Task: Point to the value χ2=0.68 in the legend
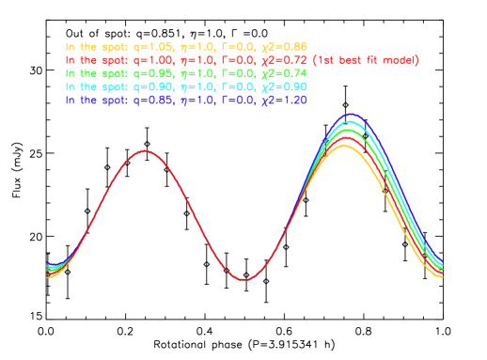click(x=283, y=47)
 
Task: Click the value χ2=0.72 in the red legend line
click(x=283, y=60)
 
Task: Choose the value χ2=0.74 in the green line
click(x=283, y=73)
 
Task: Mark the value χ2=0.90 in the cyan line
click(x=283, y=86)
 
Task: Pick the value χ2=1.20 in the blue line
click(x=283, y=100)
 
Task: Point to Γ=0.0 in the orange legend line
click(x=234, y=47)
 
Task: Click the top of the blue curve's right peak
click(x=350, y=115)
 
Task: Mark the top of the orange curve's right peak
click(x=343, y=145)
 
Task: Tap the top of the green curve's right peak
click(x=347, y=130)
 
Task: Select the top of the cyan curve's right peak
click(x=349, y=122)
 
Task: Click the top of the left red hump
click(x=144, y=150)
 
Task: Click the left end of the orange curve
click(x=47, y=277)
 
